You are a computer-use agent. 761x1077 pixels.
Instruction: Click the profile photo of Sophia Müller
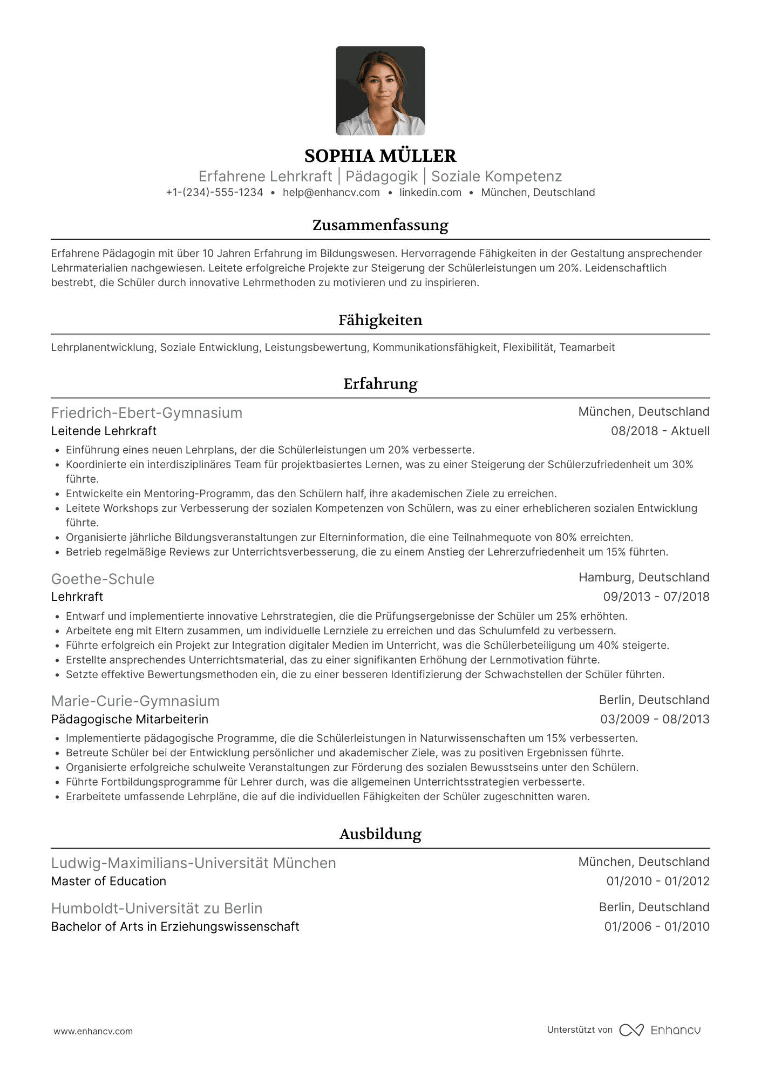[x=380, y=91]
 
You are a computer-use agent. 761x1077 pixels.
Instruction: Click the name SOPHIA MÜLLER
[x=380, y=156]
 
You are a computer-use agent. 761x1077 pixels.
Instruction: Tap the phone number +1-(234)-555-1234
[x=214, y=193]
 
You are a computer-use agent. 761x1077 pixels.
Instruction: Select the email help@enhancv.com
[x=331, y=193]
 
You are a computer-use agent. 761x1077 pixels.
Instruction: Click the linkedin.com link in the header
[x=430, y=193]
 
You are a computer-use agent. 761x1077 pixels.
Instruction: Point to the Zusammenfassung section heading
[x=380, y=225]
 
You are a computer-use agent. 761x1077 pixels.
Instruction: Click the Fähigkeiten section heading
[x=380, y=320]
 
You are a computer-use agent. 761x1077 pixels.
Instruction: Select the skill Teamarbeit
[x=587, y=348]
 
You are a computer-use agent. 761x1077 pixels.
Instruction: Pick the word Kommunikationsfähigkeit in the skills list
[x=435, y=348]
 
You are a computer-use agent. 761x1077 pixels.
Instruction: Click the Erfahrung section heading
[x=380, y=384]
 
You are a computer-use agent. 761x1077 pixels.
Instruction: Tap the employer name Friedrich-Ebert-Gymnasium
[x=147, y=413]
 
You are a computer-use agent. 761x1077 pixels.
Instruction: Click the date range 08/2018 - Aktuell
[x=660, y=431]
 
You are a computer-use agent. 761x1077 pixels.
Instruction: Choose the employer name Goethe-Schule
[x=103, y=579]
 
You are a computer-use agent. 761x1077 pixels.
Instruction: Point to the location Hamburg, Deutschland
[x=643, y=578]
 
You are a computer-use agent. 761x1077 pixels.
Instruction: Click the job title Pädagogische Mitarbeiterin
[x=130, y=720]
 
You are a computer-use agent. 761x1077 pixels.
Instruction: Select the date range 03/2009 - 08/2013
[x=654, y=720]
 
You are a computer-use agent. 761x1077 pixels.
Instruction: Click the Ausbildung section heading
[x=380, y=834]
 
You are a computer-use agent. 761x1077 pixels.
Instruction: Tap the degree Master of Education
[x=108, y=882]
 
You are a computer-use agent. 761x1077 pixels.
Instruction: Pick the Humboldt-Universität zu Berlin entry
[x=157, y=909]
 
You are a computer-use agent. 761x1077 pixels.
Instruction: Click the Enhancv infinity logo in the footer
[x=631, y=1030]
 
